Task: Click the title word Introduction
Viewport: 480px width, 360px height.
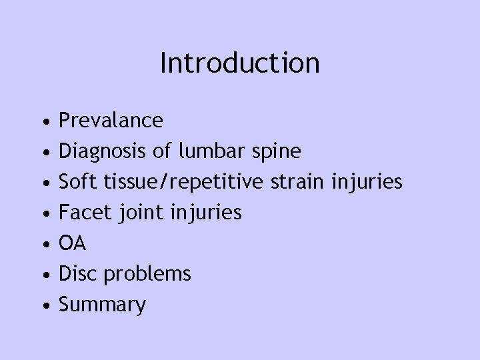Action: pyautogui.click(x=240, y=63)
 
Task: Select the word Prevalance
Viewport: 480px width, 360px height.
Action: pyautogui.click(x=111, y=120)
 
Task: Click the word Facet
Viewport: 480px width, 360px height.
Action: pyautogui.click(x=81, y=213)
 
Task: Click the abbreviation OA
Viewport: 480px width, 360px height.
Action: pyautogui.click(x=73, y=243)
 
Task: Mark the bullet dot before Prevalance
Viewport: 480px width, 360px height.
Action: pyautogui.click(x=43, y=122)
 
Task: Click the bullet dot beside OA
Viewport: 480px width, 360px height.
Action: pyautogui.click(x=43, y=245)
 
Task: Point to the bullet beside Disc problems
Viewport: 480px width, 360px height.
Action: pyautogui.click(x=43, y=275)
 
